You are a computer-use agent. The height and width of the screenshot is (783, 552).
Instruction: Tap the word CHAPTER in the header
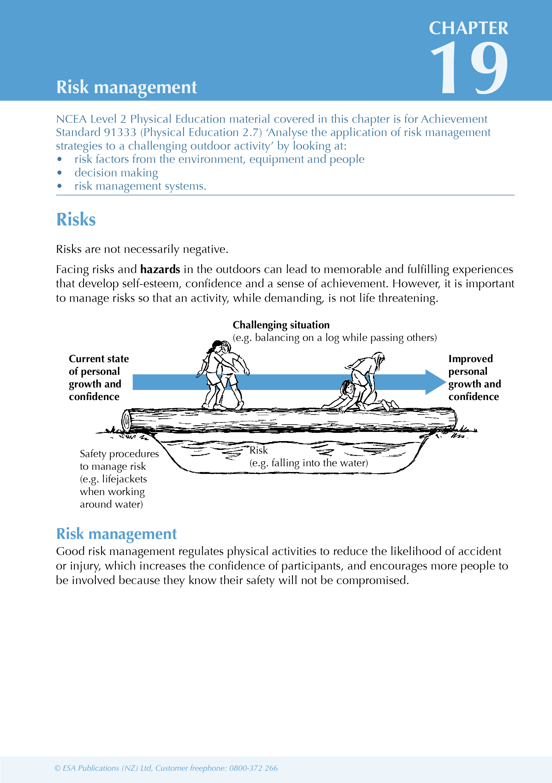[x=468, y=28]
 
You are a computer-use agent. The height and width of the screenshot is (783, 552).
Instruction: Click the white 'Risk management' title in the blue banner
[x=127, y=87]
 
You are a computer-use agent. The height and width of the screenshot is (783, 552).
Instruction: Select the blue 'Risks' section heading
[x=76, y=219]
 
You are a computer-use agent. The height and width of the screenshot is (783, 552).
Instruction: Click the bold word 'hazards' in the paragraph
[x=160, y=269]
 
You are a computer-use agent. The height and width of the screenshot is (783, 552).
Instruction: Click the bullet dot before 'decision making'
[x=60, y=173]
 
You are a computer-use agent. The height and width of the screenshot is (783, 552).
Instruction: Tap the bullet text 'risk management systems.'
[x=140, y=186]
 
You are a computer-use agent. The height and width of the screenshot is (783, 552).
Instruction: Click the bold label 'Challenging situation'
[x=281, y=325]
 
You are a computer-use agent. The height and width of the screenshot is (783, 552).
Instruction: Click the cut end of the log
[x=126, y=420]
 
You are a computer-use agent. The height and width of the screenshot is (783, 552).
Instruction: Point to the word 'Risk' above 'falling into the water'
[x=259, y=450]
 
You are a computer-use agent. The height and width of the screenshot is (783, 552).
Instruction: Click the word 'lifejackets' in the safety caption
[x=124, y=479]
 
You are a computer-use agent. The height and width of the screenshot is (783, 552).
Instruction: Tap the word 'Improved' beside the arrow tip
[x=471, y=359]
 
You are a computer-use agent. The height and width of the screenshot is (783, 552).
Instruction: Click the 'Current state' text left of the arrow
[x=99, y=359]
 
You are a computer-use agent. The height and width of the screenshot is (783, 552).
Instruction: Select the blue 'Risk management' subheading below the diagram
[x=116, y=534]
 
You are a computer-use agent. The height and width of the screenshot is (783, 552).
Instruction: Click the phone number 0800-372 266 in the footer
[x=253, y=768]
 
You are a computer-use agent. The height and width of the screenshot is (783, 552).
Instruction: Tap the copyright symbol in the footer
[x=57, y=768]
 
